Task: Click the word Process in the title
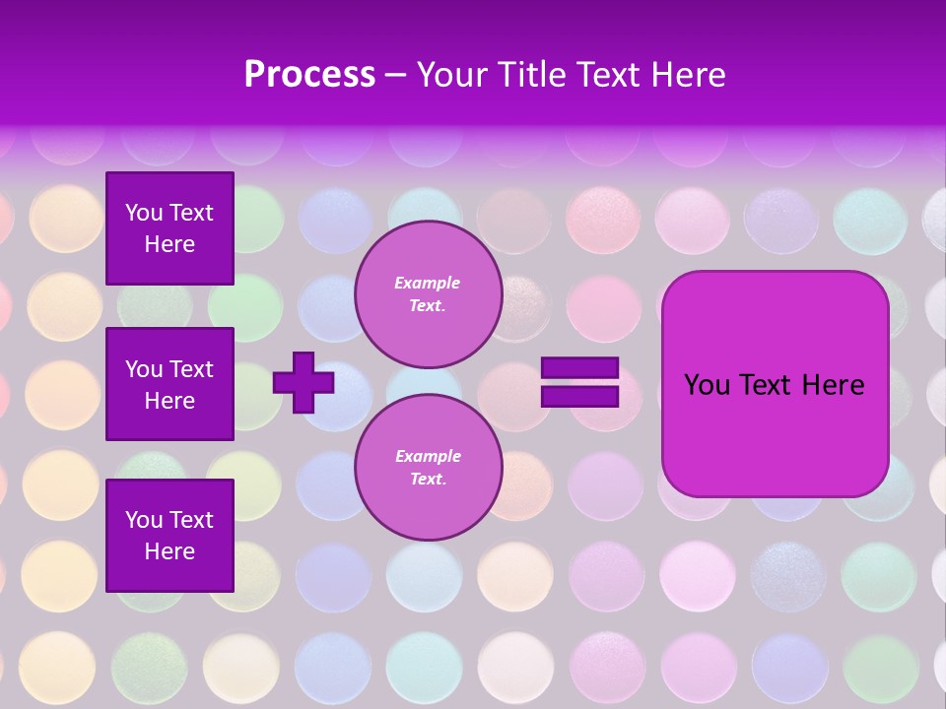coord(309,75)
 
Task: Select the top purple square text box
coord(169,228)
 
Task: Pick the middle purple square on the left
coord(169,384)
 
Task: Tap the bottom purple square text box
coord(169,535)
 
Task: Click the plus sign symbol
coord(304,382)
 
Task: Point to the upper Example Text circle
coord(428,294)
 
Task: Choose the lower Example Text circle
coord(428,468)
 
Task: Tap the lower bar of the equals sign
coord(579,396)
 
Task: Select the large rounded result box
coord(775,384)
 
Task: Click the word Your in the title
coord(451,75)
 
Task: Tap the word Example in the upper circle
coord(428,284)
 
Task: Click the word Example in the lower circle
coord(428,457)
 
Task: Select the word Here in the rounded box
coord(833,385)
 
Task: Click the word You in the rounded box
coord(708,385)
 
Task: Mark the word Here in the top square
coord(169,245)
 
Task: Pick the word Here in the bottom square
coord(169,551)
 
